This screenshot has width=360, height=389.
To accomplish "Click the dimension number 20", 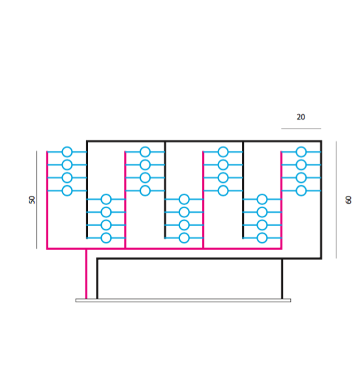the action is point(301,117).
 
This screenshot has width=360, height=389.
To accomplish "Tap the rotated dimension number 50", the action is point(32,200).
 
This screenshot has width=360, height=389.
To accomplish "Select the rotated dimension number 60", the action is point(348,200).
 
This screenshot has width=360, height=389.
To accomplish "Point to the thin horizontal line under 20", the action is point(301,129).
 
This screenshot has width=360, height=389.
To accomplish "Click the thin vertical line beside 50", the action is point(37,200).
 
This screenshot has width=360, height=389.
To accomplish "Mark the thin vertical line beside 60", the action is point(337,200).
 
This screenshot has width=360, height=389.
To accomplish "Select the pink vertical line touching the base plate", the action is point(86,274).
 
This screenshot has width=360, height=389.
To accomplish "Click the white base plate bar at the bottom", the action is point(183,300).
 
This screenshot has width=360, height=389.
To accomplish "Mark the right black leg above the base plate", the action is point(282,279).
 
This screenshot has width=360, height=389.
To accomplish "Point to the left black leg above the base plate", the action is point(97,279).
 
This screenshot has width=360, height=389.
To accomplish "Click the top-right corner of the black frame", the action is point(321,141).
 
